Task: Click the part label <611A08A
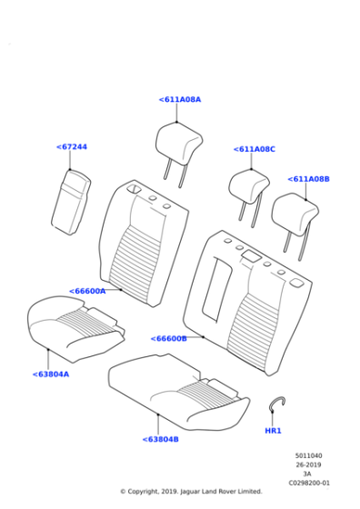pos(179,100)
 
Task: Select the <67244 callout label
pos(72,146)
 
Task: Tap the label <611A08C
pos(254,149)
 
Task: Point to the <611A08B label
pos(308,179)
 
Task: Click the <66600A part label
pos(87,291)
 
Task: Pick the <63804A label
pos(51,374)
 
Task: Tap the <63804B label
pos(160,439)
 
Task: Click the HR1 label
pos(273,430)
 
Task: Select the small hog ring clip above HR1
pos(278,405)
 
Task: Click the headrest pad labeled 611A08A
pos(178,141)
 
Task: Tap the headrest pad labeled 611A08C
pos(248,185)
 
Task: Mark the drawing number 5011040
pos(308,455)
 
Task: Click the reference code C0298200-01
pos(308,483)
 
